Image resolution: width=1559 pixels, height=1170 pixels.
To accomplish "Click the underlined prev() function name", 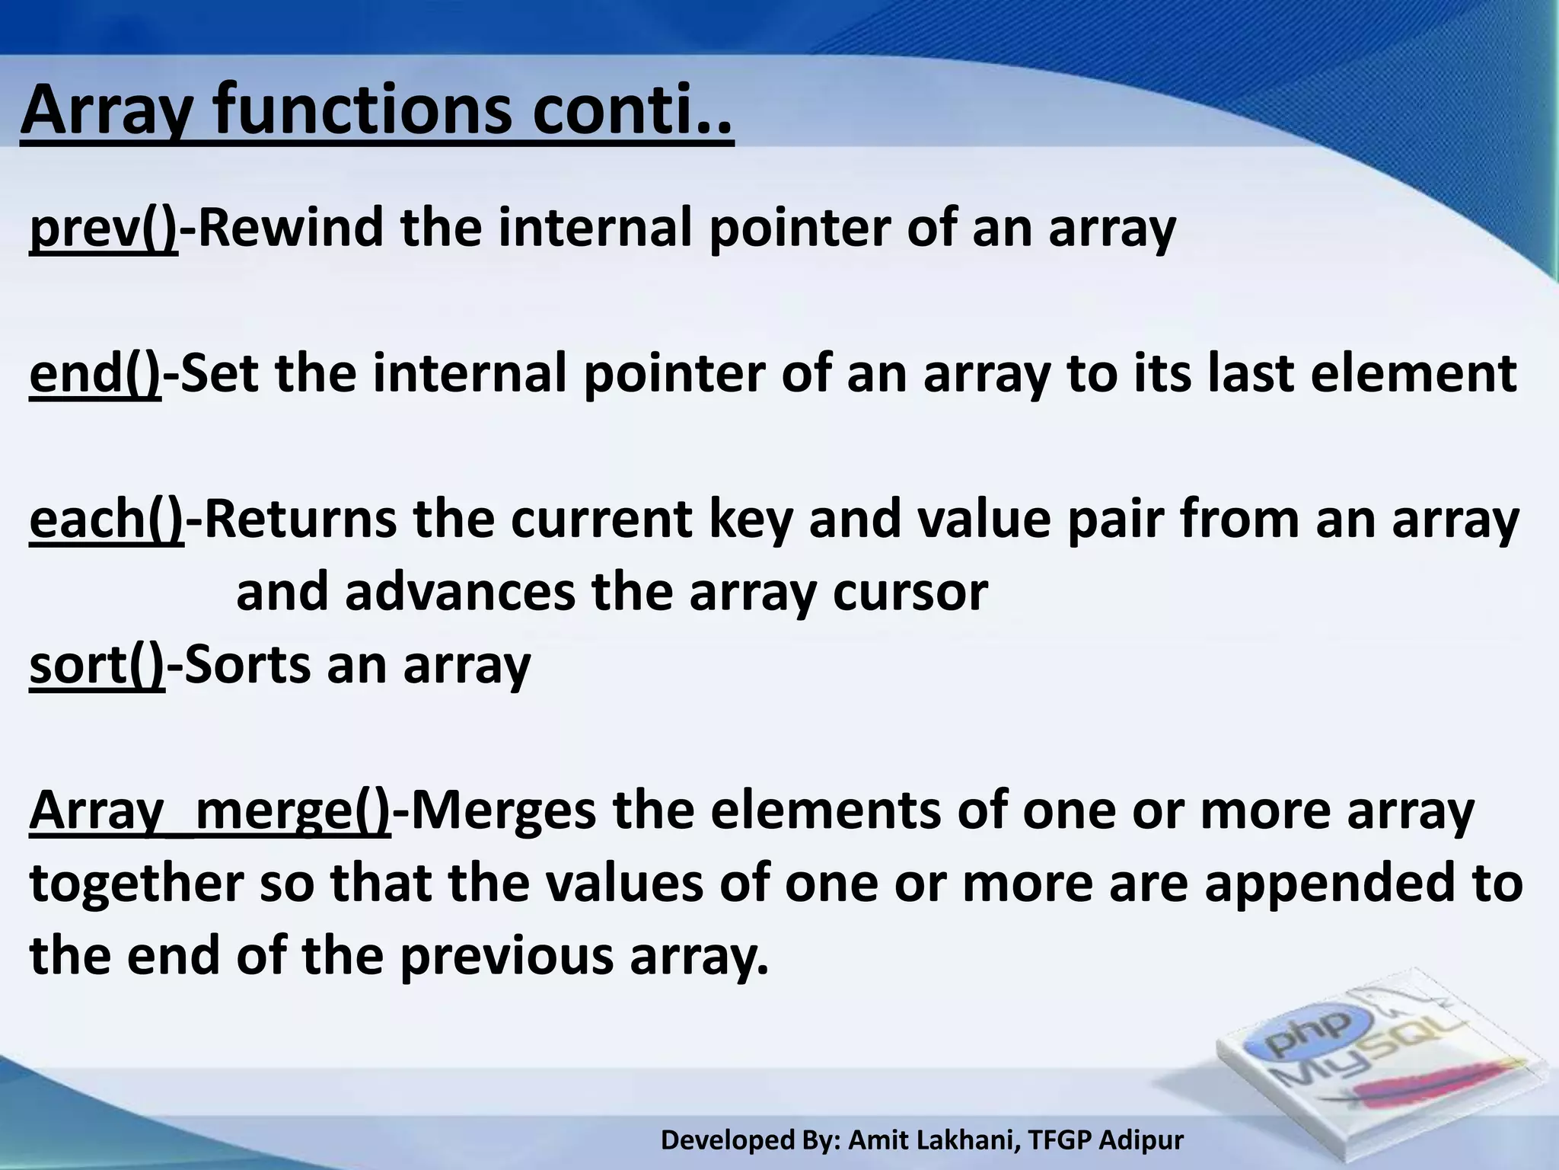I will (104, 229).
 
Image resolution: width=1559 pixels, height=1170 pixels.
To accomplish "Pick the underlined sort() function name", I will (97, 664).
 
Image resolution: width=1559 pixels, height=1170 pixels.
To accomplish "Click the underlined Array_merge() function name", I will (210, 810).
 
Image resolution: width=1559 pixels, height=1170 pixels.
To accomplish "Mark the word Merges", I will (503, 810).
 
